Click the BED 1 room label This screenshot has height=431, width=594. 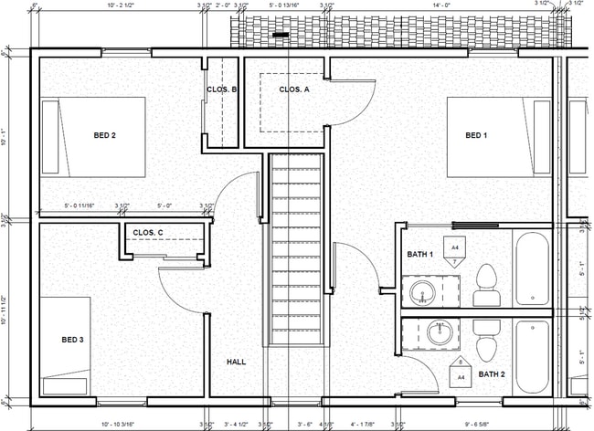(x=476, y=136)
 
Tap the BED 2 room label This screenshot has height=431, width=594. (x=104, y=136)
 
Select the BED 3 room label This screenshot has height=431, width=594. (x=73, y=340)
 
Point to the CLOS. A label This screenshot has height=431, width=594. (x=293, y=89)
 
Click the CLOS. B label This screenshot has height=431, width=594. (x=221, y=89)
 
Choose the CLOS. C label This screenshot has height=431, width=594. (x=147, y=233)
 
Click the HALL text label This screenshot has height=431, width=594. (x=236, y=362)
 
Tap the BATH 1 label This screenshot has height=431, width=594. (x=419, y=255)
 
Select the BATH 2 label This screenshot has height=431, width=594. (x=492, y=373)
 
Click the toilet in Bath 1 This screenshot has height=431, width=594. (x=486, y=286)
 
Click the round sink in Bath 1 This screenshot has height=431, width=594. (x=421, y=293)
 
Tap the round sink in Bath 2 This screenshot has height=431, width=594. (x=440, y=332)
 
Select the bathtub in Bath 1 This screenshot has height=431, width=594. (x=531, y=269)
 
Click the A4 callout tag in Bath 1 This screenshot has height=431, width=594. (x=453, y=247)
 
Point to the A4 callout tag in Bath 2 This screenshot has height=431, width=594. (x=461, y=374)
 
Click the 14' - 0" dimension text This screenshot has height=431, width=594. (x=442, y=5)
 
